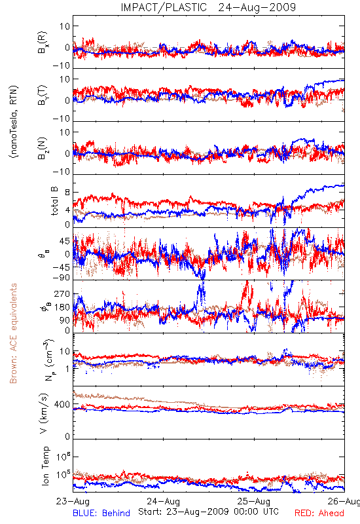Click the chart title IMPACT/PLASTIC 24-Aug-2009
point(208,7)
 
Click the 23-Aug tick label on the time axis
point(73,501)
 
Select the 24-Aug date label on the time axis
point(164,501)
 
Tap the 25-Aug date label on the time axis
point(254,501)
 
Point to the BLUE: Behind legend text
point(101,514)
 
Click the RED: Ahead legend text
point(319,514)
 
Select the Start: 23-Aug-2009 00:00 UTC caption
point(208,512)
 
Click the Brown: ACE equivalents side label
point(13,333)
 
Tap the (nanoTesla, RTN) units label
point(14,122)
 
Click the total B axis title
point(54,201)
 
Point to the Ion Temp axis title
point(46,466)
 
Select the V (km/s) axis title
point(44,413)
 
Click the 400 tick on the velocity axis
point(62,404)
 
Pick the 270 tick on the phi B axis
point(62,293)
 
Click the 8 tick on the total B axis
point(68,193)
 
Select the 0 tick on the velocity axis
point(68,436)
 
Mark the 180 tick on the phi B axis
point(62,307)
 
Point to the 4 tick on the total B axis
point(68,210)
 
